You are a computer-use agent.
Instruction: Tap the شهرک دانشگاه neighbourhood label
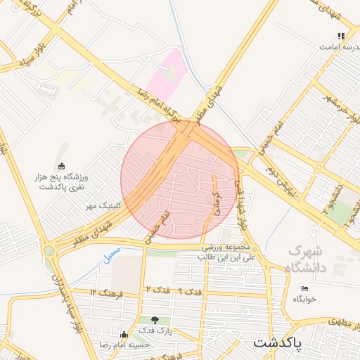point(307,259)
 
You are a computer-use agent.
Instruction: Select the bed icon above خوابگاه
point(304,288)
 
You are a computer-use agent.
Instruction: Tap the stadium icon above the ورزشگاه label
point(61,166)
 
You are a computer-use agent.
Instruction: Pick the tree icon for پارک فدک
point(155,320)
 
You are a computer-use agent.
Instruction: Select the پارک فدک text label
point(155,330)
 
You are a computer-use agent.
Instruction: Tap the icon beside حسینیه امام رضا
point(125,334)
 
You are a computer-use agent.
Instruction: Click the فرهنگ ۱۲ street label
point(106,290)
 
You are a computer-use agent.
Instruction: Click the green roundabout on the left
point(49,250)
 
